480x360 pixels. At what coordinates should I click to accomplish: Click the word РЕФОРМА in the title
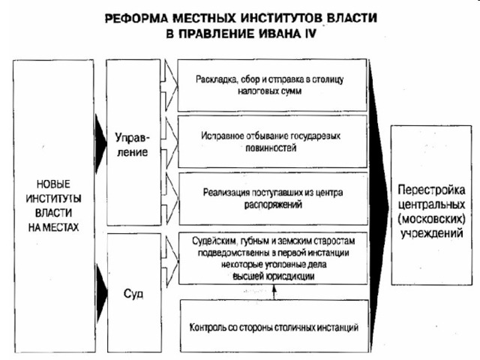click(136, 18)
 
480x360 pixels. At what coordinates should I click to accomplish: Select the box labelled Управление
click(133, 142)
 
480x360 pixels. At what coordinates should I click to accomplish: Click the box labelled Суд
click(134, 293)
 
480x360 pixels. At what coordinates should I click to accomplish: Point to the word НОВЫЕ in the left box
click(53, 184)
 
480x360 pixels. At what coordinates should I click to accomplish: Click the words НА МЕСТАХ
click(53, 227)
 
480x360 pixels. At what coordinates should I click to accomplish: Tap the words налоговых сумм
click(270, 91)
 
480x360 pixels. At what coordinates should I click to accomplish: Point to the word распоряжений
click(273, 204)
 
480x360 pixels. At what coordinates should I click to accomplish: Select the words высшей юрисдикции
click(273, 277)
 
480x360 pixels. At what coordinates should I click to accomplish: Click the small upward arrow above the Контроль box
click(274, 292)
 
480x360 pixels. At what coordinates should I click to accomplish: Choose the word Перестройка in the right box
click(431, 190)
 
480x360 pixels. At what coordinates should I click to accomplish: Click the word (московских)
click(432, 219)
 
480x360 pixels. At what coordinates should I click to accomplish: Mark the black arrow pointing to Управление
click(100, 143)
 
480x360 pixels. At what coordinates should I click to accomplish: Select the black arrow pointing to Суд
click(102, 293)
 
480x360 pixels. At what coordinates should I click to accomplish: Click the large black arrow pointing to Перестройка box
click(379, 205)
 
